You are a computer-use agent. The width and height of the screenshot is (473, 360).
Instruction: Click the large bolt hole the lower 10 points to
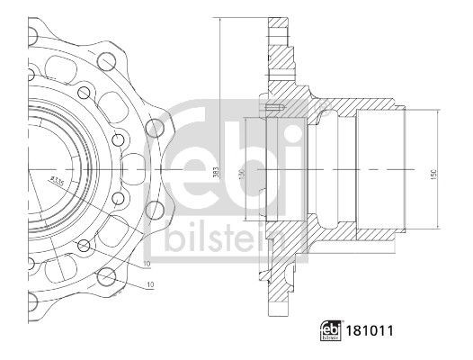pos(107,277)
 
